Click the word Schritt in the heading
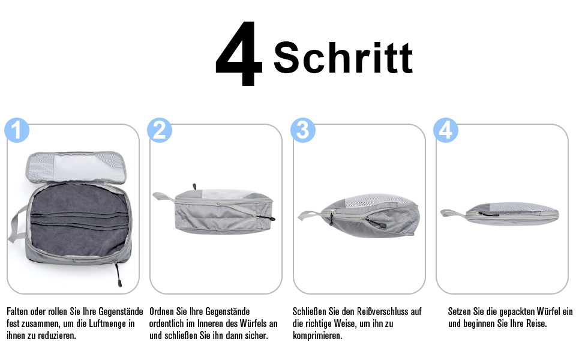(343, 58)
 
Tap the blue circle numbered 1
(17, 130)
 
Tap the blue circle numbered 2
(160, 130)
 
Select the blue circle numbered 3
(303, 130)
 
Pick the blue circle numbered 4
(446, 130)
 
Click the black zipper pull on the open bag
(118, 275)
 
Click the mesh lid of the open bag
(76, 166)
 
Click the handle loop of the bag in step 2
(164, 196)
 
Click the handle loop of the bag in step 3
(309, 215)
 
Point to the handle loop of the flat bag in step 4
(452, 214)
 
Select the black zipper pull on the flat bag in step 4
(485, 214)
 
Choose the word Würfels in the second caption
(254, 323)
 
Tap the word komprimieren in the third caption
(317, 336)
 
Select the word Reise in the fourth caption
(533, 323)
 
